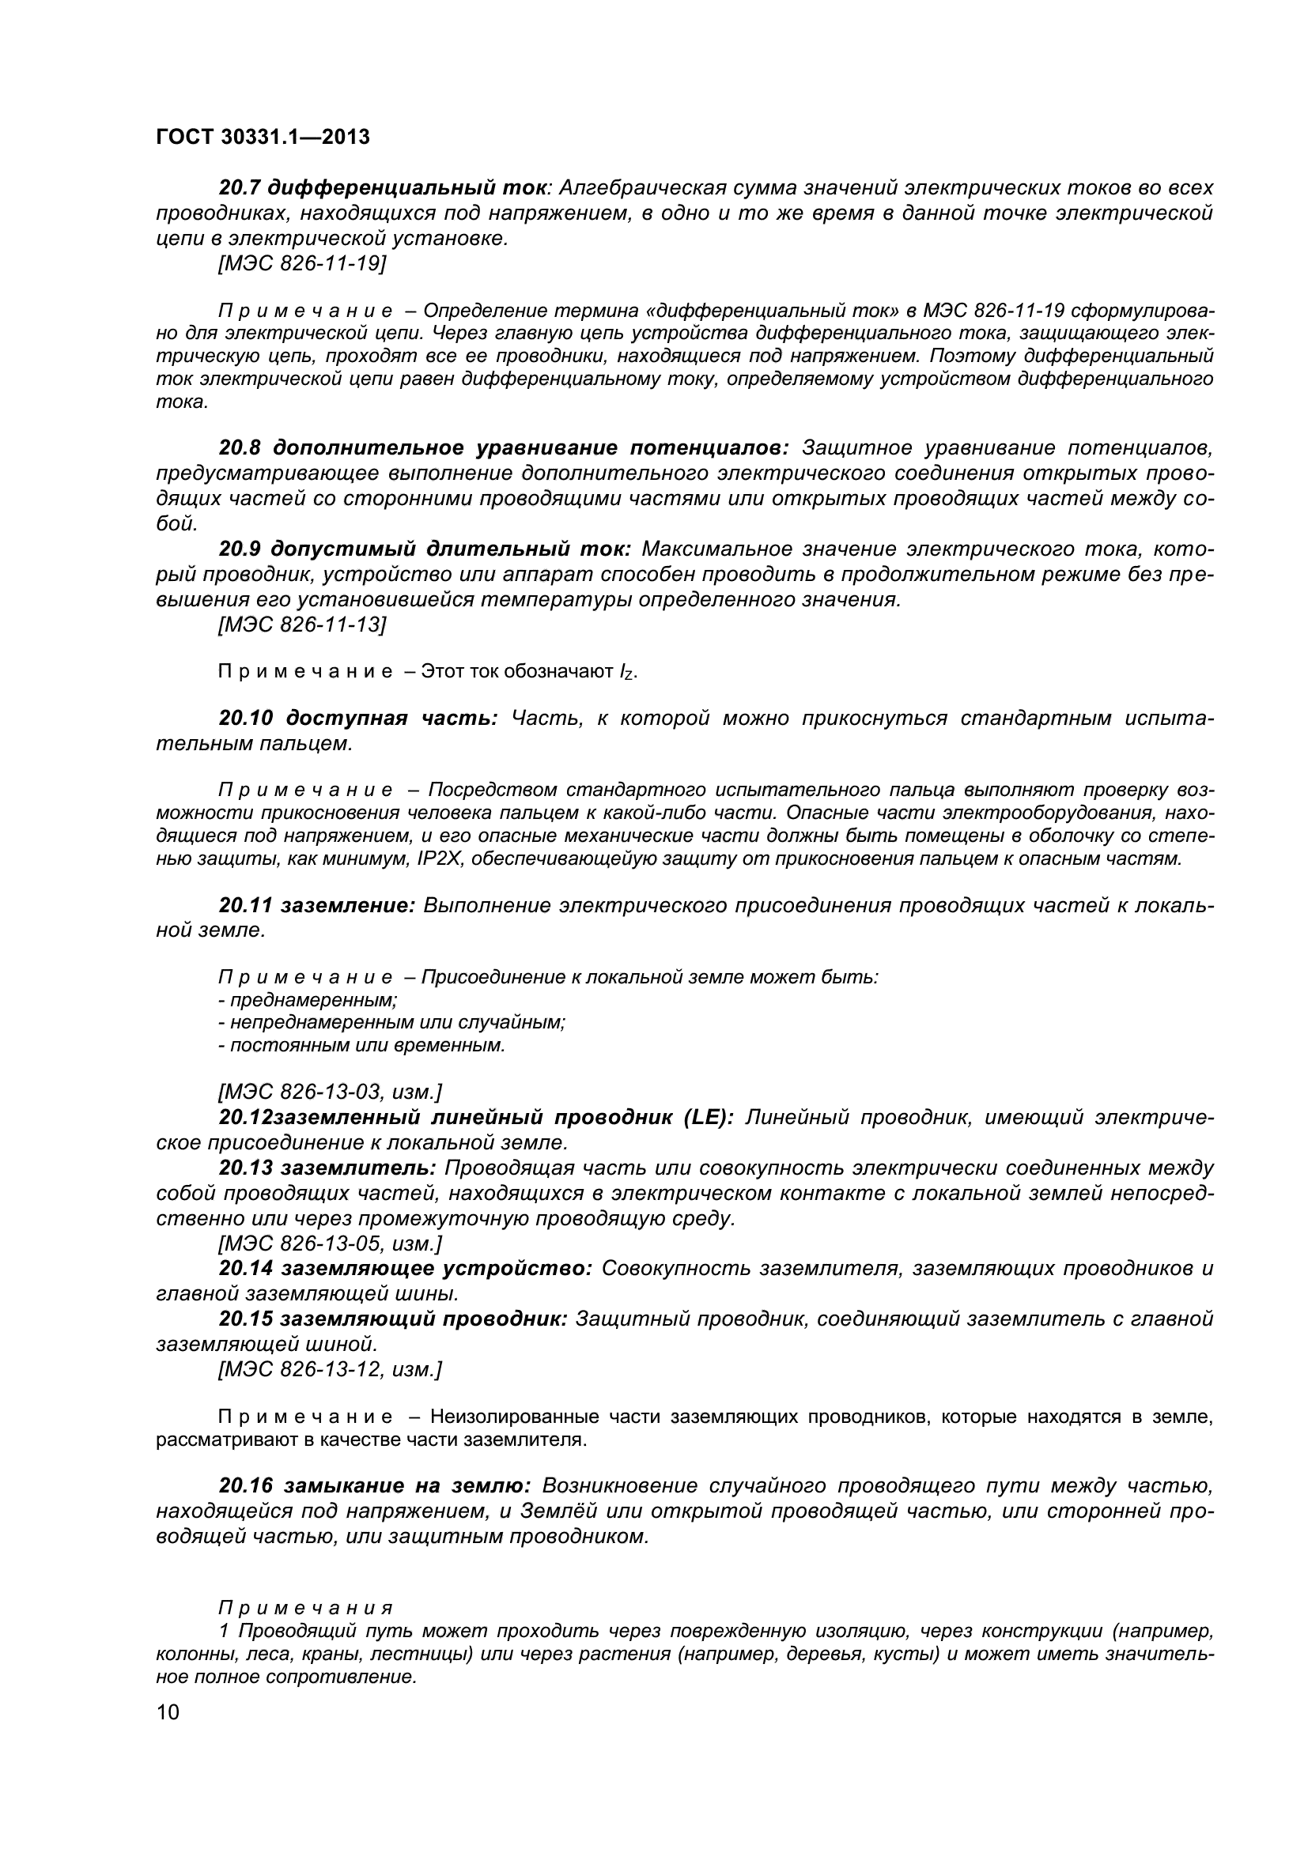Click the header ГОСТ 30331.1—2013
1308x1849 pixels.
tap(263, 138)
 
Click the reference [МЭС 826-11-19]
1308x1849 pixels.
tap(302, 263)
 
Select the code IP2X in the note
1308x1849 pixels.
tap(440, 859)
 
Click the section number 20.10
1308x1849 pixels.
tap(248, 719)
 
